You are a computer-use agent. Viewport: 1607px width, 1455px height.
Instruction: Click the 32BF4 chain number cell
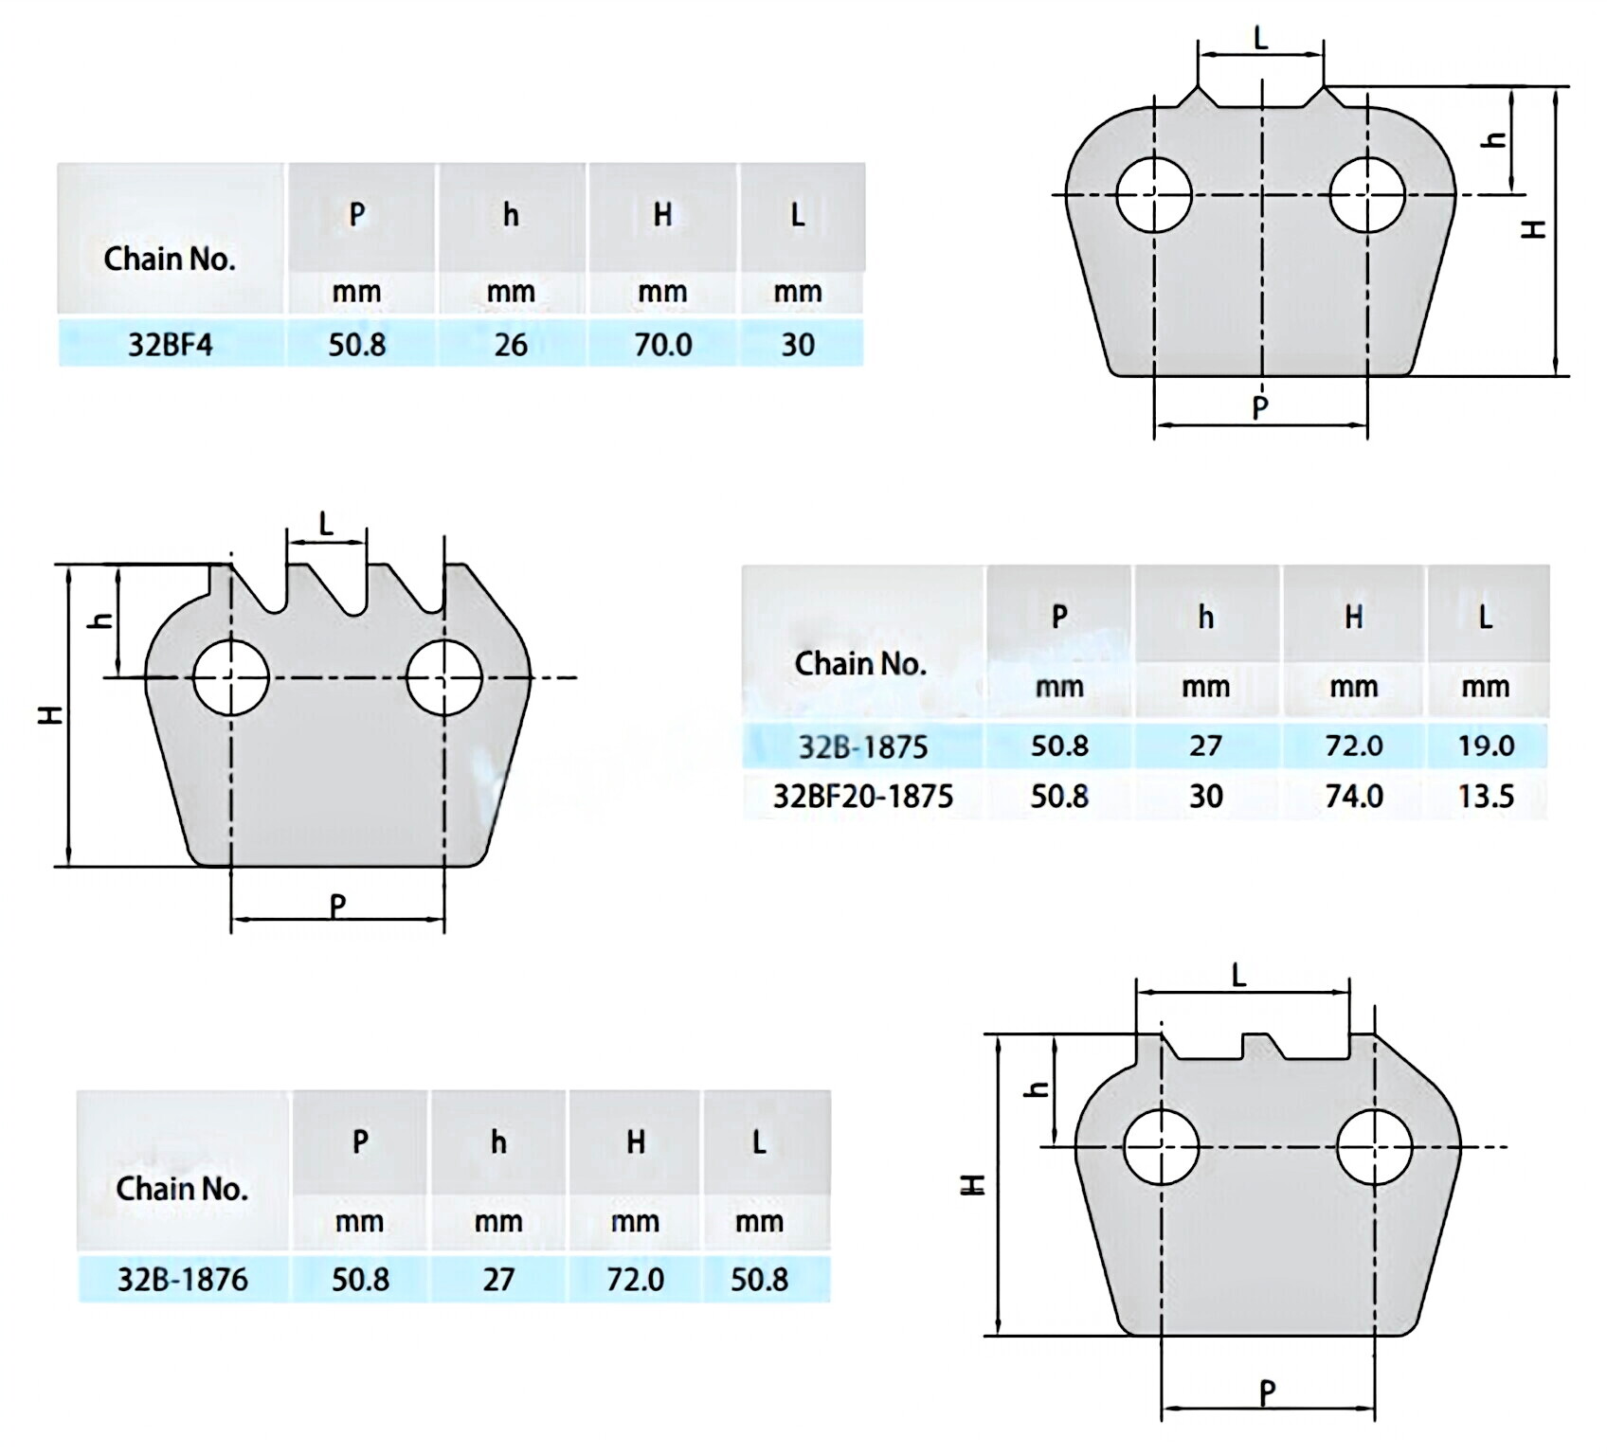171,344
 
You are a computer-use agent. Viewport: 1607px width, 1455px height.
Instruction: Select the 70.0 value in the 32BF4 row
663,344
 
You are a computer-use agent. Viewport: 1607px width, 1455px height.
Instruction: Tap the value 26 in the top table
511,344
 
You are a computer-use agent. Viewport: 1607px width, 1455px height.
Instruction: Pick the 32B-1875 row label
863,746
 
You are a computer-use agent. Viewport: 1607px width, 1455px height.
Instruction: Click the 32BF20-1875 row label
863,796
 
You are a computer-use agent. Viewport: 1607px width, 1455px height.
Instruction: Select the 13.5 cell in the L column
1486,796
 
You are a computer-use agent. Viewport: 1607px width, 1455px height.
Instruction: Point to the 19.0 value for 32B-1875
1486,745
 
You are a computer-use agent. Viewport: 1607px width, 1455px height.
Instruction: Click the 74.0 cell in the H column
1354,796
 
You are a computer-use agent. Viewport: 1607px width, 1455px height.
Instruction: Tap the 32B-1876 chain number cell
182,1280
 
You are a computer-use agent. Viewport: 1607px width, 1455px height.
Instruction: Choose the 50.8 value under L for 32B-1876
759,1280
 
